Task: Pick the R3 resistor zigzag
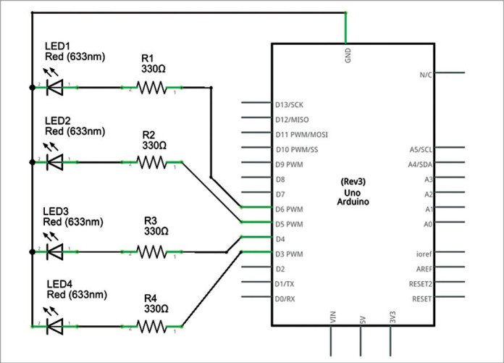pyautogui.click(x=152, y=251)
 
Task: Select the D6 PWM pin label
pyautogui.click(x=290, y=209)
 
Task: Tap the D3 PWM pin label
pyautogui.click(x=290, y=254)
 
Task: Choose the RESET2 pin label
pyautogui.click(x=421, y=283)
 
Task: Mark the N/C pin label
pyautogui.click(x=426, y=74)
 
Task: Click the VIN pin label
pyautogui.click(x=333, y=316)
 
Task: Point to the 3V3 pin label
pyautogui.click(x=392, y=316)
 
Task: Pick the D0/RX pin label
pyautogui.click(x=285, y=299)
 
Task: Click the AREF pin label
pyautogui.click(x=423, y=269)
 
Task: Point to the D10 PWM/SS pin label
pyautogui.click(x=297, y=149)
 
